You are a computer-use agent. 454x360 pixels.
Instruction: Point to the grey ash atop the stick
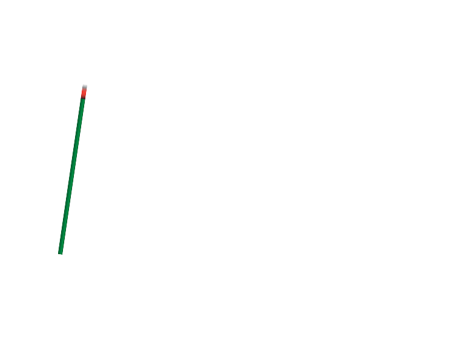(84, 87)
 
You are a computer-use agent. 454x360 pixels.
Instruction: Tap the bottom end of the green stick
(61, 252)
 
